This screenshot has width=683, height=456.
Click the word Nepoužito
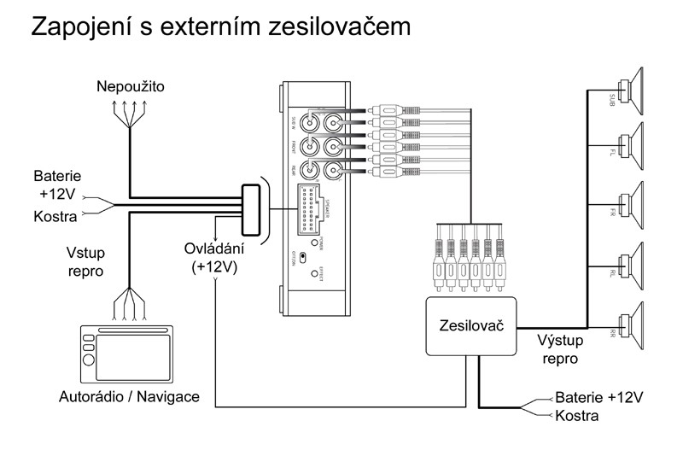(x=131, y=87)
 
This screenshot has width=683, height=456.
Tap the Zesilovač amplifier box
(x=471, y=325)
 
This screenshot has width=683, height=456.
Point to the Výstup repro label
(x=560, y=349)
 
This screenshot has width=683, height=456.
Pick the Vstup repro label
(x=85, y=262)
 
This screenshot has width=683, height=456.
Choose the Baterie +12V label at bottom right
(x=598, y=398)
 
